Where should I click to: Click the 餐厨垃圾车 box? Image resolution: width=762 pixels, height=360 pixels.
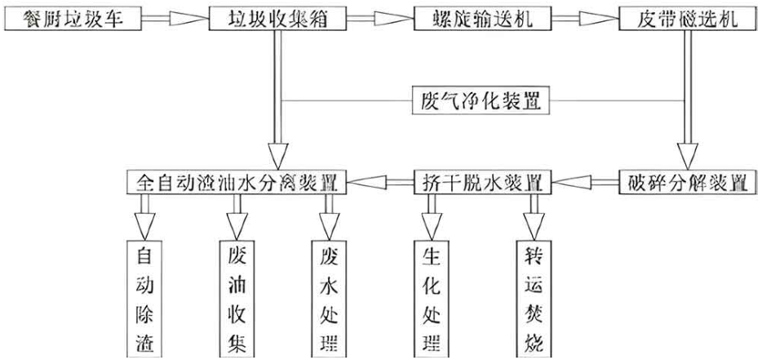pos(72,20)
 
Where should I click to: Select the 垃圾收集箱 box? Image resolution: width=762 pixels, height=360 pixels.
pos(278,20)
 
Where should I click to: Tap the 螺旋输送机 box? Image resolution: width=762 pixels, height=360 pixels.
pos(482,20)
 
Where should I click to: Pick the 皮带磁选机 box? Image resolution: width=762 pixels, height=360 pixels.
pos(687,20)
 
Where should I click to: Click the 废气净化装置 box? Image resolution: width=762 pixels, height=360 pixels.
pos(481,100)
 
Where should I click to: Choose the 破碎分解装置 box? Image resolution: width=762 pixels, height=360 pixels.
pos(687,182)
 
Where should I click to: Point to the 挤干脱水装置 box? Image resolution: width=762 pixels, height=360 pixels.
pos(482,182)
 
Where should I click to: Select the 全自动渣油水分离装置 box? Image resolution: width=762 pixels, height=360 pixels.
pos(237,182)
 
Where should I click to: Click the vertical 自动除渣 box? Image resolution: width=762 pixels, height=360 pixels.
pos(145,298)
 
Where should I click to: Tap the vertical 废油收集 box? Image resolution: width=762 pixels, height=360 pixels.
pos(237,298)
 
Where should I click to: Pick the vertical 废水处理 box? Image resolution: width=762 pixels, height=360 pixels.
pos(329,298)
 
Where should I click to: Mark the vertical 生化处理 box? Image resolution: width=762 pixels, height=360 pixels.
pos(432,298)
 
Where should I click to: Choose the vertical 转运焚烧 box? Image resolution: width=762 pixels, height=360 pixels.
pos(534,298)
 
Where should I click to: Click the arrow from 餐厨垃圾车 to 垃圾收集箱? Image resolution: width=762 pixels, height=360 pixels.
pos(175,19)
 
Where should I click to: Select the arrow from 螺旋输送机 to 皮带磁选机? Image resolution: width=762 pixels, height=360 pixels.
pos(585,19)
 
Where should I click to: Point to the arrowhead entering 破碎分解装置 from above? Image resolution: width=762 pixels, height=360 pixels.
pos(687,156)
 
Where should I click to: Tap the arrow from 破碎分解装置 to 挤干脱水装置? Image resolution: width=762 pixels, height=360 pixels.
pos(585,182)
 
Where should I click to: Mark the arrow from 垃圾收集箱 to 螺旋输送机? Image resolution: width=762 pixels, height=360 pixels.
pos(380,19)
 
